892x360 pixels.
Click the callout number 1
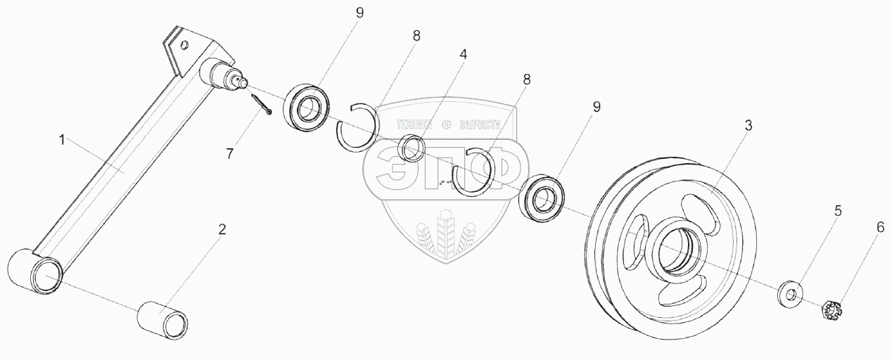(62, 141)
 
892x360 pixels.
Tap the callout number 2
(222, 229)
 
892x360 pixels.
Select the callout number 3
(748, 126)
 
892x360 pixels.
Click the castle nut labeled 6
(832, 308)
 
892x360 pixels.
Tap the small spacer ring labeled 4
(411, 148)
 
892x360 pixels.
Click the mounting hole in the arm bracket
(184, 46)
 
